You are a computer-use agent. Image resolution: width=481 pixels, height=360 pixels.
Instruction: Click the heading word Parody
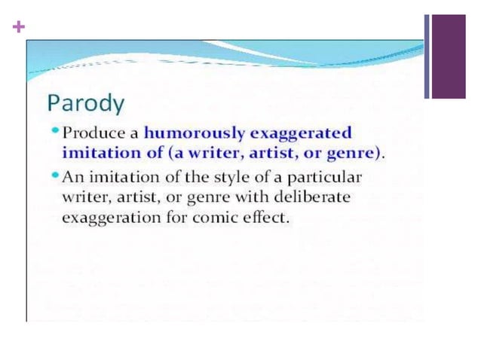click(86, 102)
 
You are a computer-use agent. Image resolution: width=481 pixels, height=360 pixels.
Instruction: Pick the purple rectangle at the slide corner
click(448, 56)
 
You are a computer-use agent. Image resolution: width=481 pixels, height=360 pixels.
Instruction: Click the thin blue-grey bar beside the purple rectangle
click(427, 56)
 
